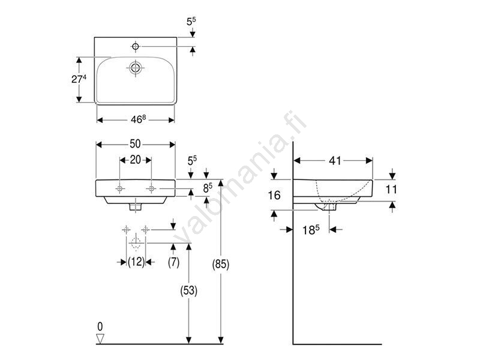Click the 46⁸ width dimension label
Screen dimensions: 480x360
(x=139, y=119)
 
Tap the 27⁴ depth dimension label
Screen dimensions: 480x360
(x=79, y=79)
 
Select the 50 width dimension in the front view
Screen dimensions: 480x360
(x=136, y=143)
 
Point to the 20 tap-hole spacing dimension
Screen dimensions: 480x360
(x=136, y=160)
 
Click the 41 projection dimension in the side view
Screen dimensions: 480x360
(x=335, y=160)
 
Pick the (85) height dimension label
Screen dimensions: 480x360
(x=221, y=264)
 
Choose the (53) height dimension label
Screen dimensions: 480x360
(x=188, y=290)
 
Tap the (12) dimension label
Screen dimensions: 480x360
(x=136, y=262)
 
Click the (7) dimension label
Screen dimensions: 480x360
(x=173, y=262)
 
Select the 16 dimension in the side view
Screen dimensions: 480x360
(x=274, y=195)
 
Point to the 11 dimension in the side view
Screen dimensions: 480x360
(x=391, y=190)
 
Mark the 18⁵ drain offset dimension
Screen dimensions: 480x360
(x=311, y=230)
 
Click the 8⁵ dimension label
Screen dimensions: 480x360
(x=208, y=188)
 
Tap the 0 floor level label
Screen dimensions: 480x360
(x=100, y=326)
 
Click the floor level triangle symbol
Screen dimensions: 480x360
(x=100, y=338)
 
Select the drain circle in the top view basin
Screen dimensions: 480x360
(x=136, y=68)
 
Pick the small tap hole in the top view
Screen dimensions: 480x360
(x=136, y=46)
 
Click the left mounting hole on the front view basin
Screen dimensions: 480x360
(x=120, y=188)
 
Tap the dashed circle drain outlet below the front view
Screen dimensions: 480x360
(x=136, y=244)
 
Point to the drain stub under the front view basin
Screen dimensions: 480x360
(x=136, y=207)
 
